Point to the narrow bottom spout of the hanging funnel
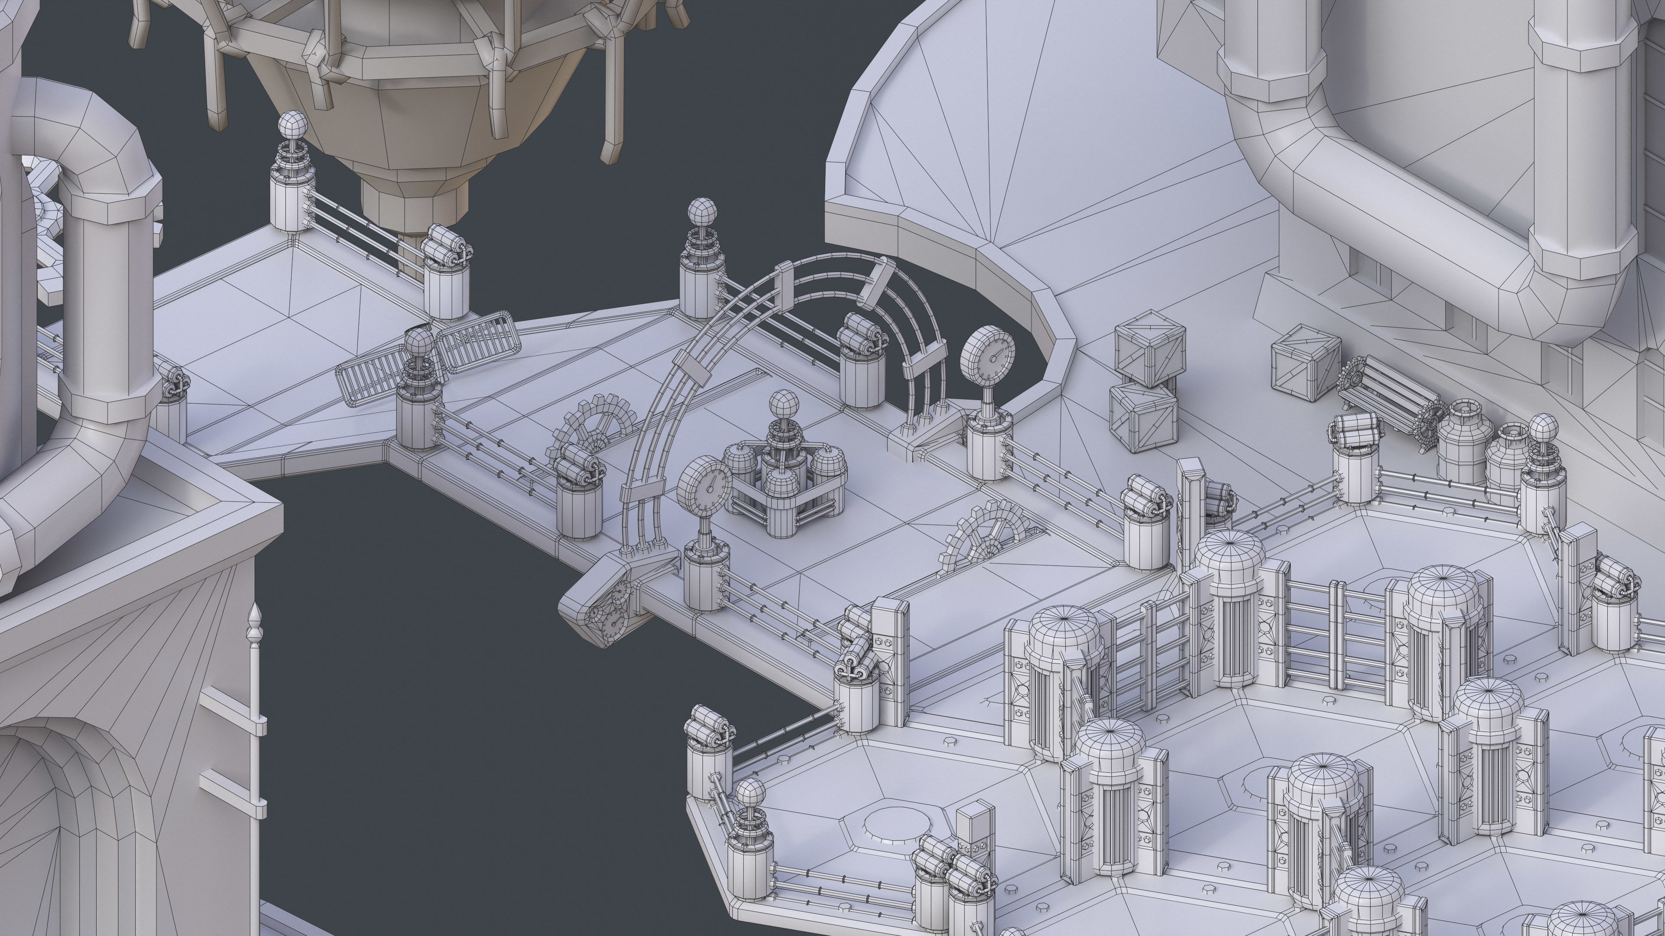(414, 207)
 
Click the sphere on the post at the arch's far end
(702, 211)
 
